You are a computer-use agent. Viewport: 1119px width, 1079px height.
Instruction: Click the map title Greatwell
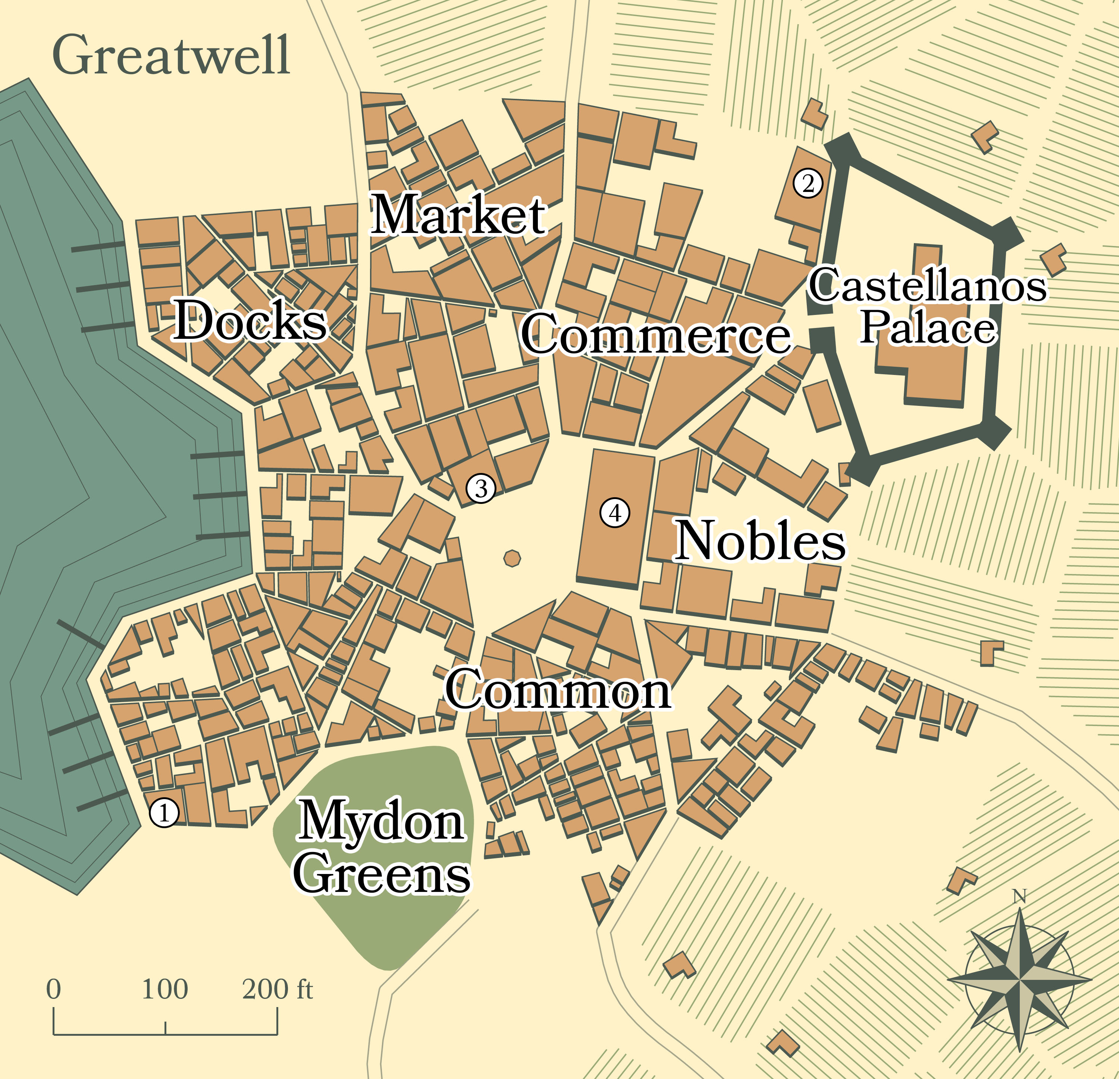click(171, 56)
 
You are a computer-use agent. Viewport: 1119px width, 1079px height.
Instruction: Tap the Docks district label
click(250, 320)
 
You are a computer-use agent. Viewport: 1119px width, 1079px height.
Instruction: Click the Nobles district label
click(760, 540)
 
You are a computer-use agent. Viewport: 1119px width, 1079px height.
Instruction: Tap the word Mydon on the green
click(381, 822)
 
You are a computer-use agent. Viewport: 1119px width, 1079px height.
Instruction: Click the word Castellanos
click(928, 285)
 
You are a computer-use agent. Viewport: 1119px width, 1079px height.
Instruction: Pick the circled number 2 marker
click(807, 183)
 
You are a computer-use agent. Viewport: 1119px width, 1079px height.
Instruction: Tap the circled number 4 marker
click(615, 513)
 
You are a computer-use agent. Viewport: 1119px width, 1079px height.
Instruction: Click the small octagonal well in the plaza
click(512, 558)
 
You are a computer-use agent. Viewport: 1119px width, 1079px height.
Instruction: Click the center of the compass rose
click(1020, 980)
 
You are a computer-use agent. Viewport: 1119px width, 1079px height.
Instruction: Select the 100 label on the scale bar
click(165, 989)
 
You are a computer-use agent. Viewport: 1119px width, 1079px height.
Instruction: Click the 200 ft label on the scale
click(278, 989)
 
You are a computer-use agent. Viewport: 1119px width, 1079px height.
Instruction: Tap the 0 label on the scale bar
click(54, 989)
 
